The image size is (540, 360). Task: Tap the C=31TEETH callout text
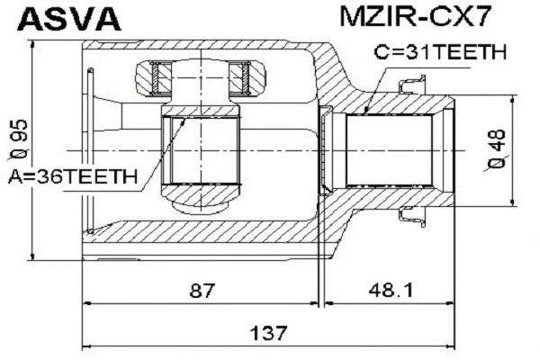click(439, 53)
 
